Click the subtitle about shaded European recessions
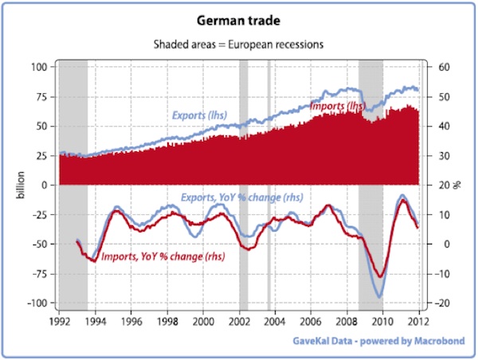click(x=239, y=45)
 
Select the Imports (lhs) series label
click(x=338, y=105)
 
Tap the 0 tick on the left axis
click(x=47, y=185)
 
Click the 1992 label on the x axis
click(x=58, y=321)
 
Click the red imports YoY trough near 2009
click(x=382, y=277)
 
